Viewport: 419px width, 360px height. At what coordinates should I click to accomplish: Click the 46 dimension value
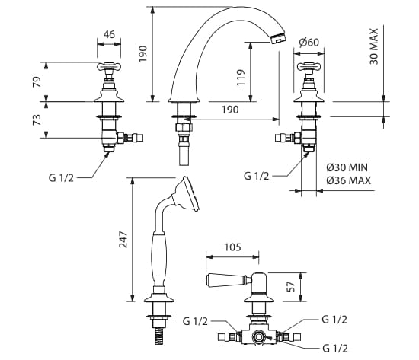coord(109,34)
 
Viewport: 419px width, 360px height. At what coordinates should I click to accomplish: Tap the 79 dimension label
coord(37,82)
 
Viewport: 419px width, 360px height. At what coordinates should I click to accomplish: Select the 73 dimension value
coord(37,119)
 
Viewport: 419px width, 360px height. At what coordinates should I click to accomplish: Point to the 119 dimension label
coord(241,78)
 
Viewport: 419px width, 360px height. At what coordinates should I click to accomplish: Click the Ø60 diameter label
coord(309,42)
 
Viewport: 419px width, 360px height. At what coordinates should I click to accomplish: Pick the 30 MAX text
coord(374,46)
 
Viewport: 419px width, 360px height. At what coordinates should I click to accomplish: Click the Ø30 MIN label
coord(347,167)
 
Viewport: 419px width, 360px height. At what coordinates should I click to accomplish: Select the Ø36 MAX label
coord(348,180)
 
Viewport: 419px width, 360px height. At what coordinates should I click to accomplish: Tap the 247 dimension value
coord(123,240)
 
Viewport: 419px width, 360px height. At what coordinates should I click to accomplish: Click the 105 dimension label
coord(233,247)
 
